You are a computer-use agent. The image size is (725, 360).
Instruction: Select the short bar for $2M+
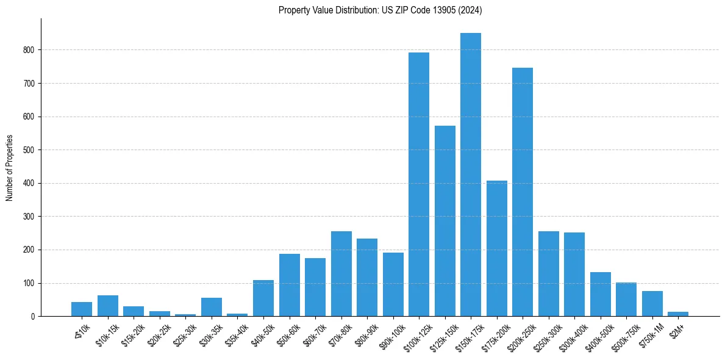[x=677, y=314]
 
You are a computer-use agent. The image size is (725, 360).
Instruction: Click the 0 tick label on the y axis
[x=33, y=317]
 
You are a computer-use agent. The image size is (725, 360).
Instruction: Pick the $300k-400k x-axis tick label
[x=571, y=336]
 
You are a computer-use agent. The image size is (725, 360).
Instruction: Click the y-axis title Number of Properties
[x=9, y=168]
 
